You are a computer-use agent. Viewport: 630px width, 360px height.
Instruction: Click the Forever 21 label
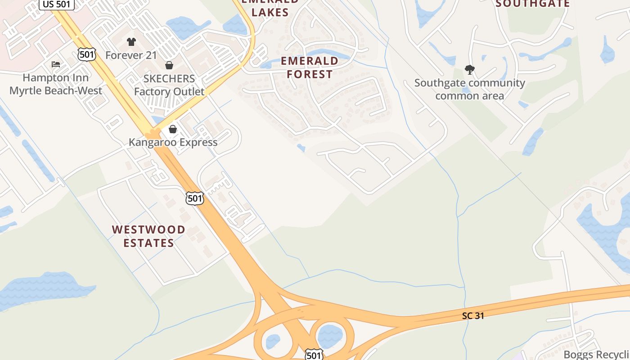tap(131, 55)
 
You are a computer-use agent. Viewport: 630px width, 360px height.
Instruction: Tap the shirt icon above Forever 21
tap(131, 42)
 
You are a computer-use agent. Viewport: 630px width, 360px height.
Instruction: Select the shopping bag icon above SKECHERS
tap(169, 66)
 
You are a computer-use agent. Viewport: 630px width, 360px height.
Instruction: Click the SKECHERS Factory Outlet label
tap(169, 85)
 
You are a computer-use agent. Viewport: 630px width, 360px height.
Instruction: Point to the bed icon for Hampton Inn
tap(56, 64)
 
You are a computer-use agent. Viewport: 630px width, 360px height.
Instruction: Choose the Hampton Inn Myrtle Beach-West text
tap(56, 84)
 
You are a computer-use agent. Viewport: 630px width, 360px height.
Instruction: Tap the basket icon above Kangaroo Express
tap(173, 130)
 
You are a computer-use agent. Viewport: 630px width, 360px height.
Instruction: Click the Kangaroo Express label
tap(173, 142)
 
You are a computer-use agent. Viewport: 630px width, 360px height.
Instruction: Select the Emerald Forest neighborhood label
tap(310, 67)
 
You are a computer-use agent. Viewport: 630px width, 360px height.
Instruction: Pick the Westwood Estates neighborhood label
tap(148, 236)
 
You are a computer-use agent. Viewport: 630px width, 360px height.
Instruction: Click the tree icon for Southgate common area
tap(470, 70)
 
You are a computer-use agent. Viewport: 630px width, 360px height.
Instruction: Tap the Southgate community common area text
tap(470, 89)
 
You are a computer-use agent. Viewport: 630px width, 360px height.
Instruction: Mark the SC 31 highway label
tap(473, 316)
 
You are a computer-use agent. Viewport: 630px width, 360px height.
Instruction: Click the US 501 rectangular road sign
tap(57, 4)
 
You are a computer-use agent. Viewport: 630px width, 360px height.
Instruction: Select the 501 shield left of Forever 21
tap(86, 55)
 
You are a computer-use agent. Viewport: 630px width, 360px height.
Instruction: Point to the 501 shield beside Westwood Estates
tap(195, 198)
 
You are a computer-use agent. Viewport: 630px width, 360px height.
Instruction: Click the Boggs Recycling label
tap(596, 355)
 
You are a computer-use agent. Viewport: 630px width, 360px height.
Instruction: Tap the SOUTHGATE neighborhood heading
tap(533, 4)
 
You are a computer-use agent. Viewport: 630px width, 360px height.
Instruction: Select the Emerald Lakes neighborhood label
tap(270, 8)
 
